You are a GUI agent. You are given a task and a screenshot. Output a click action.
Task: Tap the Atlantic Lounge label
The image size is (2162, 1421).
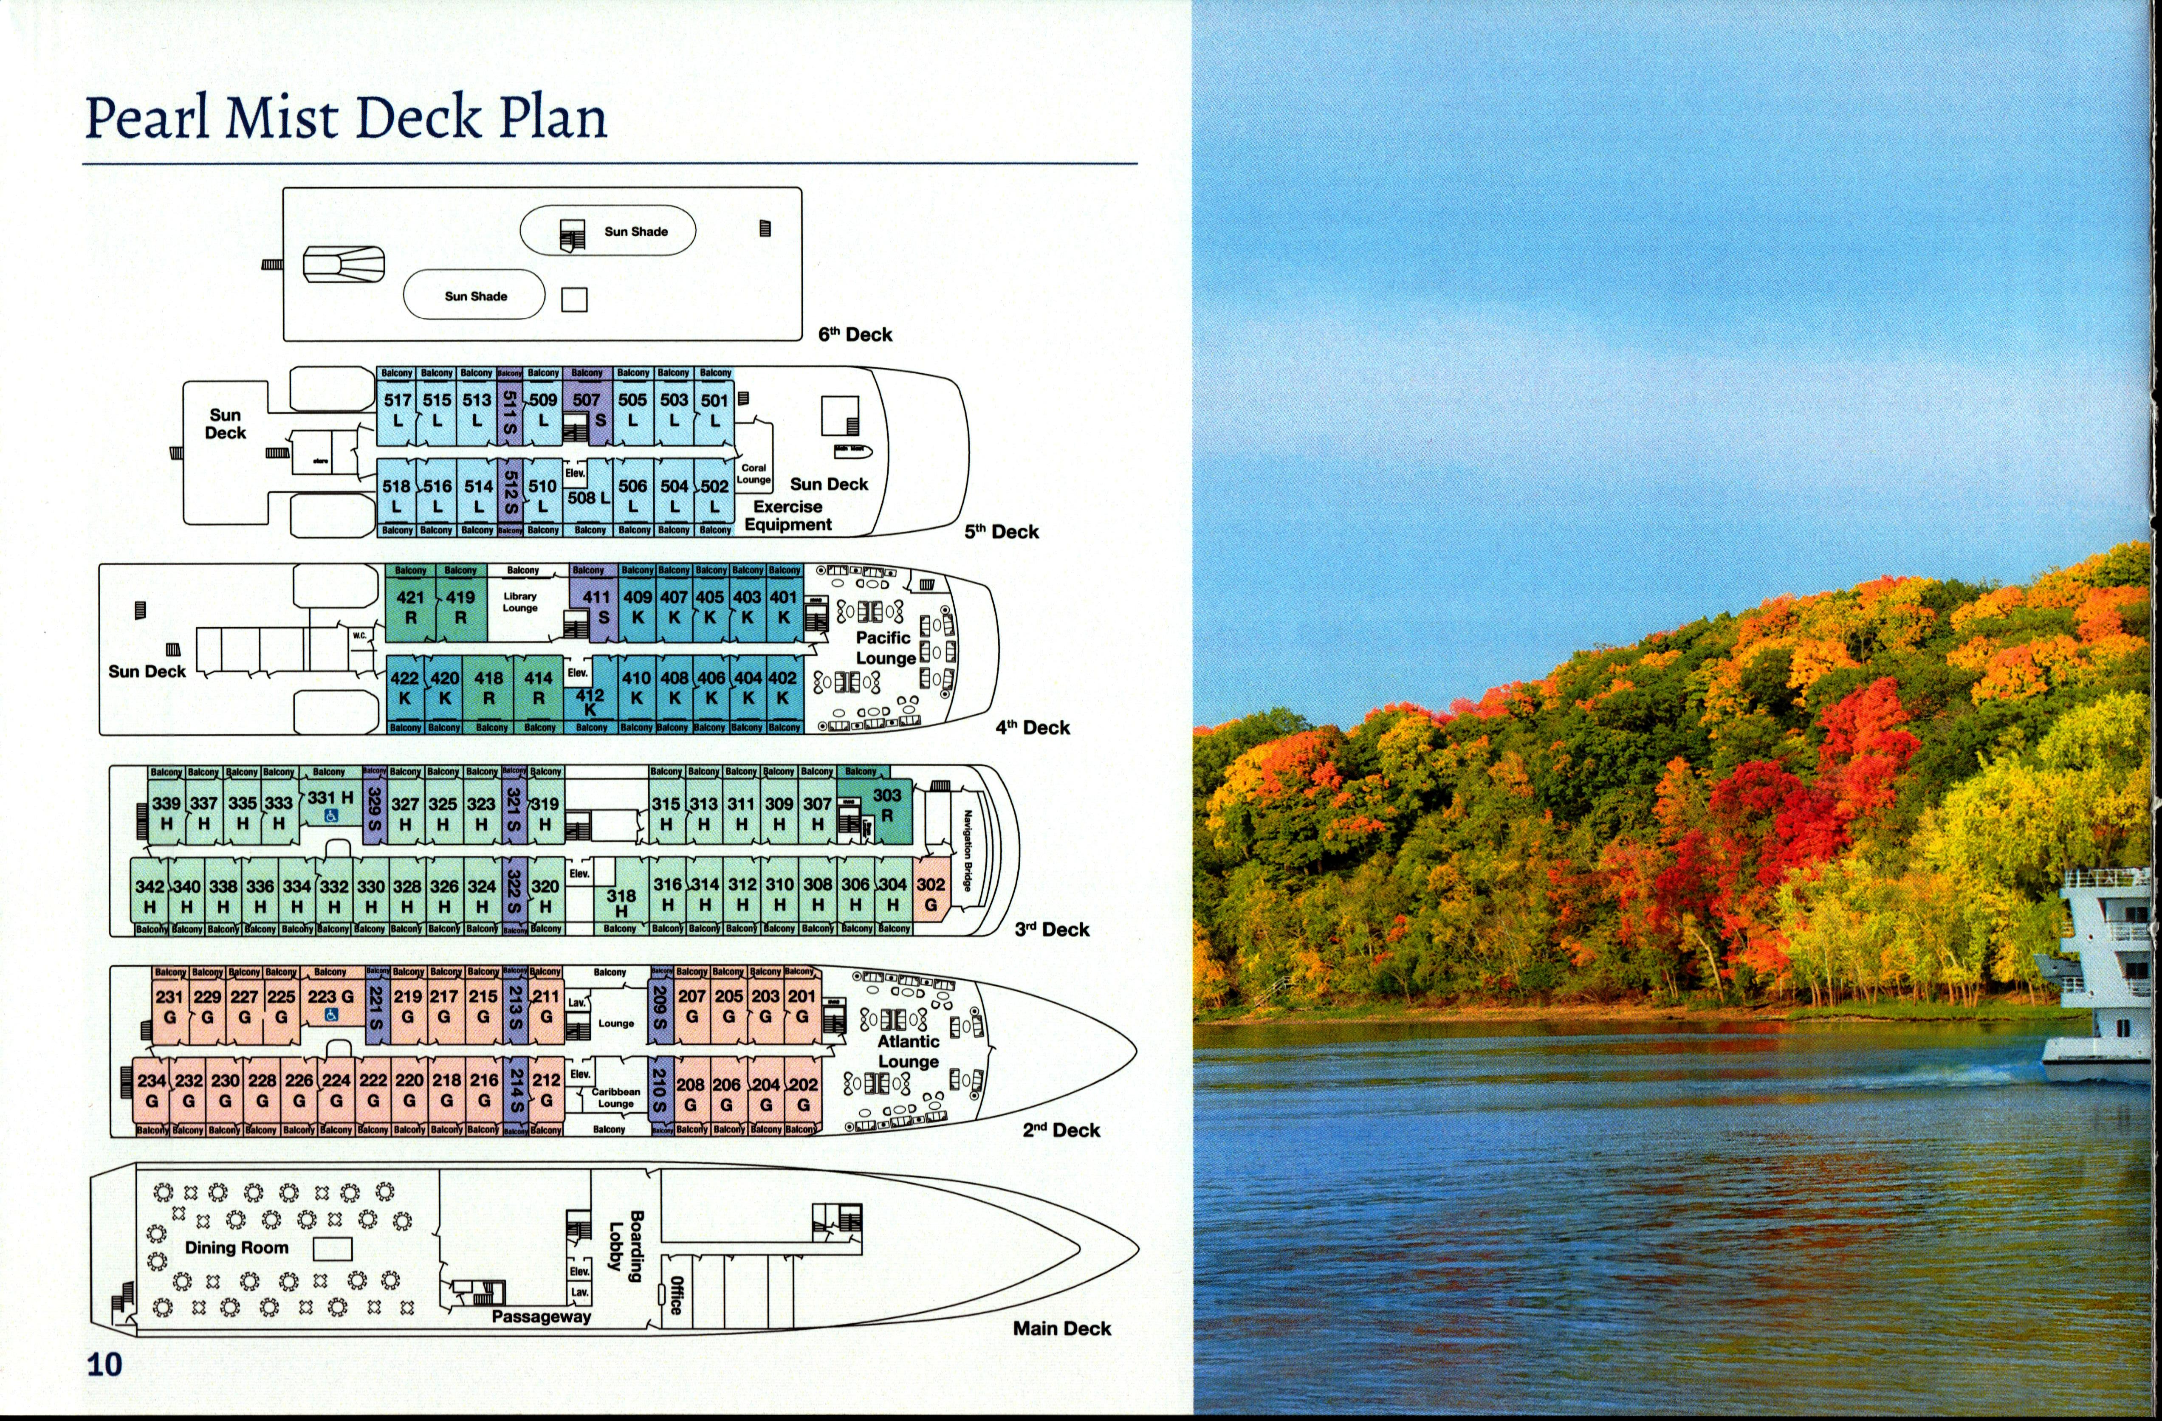(908, 1051)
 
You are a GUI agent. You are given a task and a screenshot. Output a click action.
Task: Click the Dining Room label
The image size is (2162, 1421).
(236, 1248)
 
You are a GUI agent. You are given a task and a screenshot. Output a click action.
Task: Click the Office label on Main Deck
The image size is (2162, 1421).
(676, 1294)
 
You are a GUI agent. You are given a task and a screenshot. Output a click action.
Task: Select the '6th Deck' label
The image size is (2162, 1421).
(855, 334)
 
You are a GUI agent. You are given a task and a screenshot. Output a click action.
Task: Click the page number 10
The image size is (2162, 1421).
(104, 1364)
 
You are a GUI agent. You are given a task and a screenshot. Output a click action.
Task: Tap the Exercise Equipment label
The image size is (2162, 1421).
(787, 515)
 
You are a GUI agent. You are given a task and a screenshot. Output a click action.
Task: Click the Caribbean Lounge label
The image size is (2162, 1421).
(616, 1098)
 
